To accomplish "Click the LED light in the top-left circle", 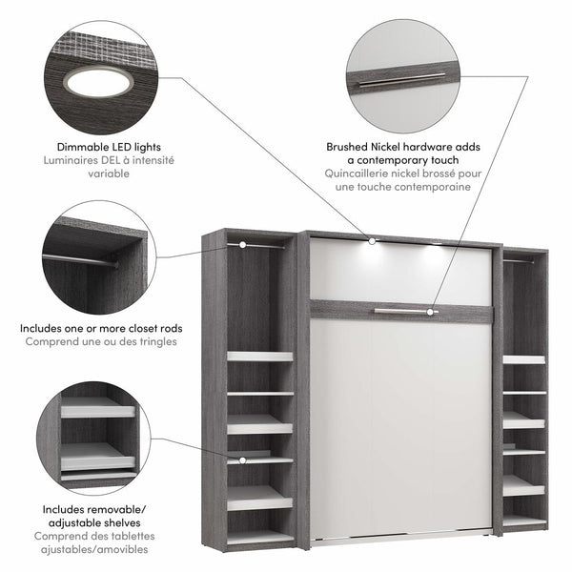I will [x=98, y=83].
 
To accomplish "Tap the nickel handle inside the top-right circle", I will [x=401, y=81].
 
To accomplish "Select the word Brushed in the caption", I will [x=350, y=148].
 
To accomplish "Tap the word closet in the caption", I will [x=139, y=328].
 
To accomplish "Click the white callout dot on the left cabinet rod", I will [x=243, y=245].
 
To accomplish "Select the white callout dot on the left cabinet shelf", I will [x=243, y=460].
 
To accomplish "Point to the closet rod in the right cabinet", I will [x=519, y=259].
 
